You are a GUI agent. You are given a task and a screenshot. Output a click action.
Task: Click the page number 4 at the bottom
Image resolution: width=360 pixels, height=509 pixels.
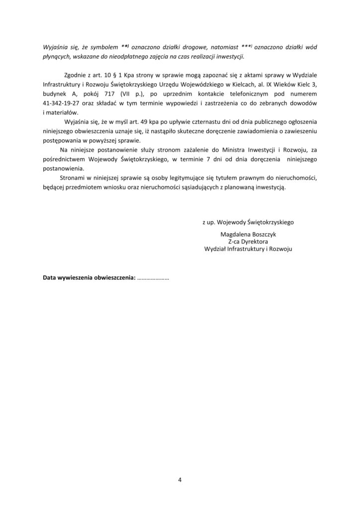point(180,479)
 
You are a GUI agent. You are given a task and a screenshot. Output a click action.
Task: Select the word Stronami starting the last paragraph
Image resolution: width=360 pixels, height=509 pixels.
point(72,177)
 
